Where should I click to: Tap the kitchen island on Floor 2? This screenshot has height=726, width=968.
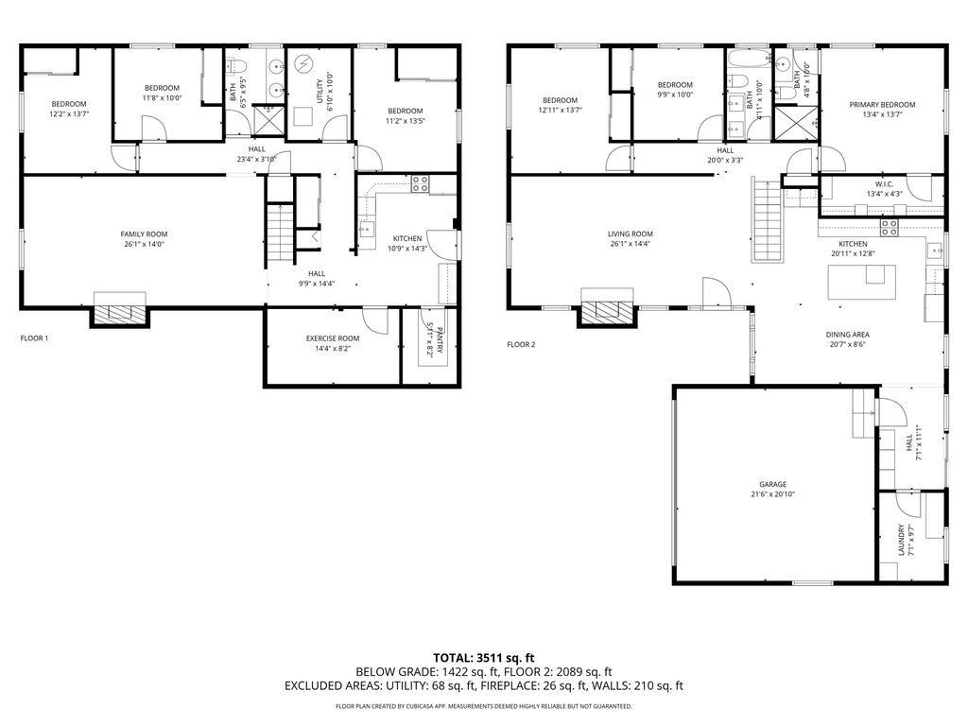(862, 282)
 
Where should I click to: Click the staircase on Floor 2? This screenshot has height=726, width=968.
(767, 219)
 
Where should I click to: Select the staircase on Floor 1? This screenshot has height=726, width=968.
(280, 234)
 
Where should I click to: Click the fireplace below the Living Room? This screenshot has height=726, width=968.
(607, 307)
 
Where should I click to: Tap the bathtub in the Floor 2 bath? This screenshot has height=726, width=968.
(749, 60)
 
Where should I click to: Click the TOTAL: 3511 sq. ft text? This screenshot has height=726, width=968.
(483, 658)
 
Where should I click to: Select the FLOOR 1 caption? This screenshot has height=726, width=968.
(34, 338)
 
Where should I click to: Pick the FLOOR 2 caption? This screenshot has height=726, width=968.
(521, 344)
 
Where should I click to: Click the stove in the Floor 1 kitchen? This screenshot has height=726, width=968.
(421, 183)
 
